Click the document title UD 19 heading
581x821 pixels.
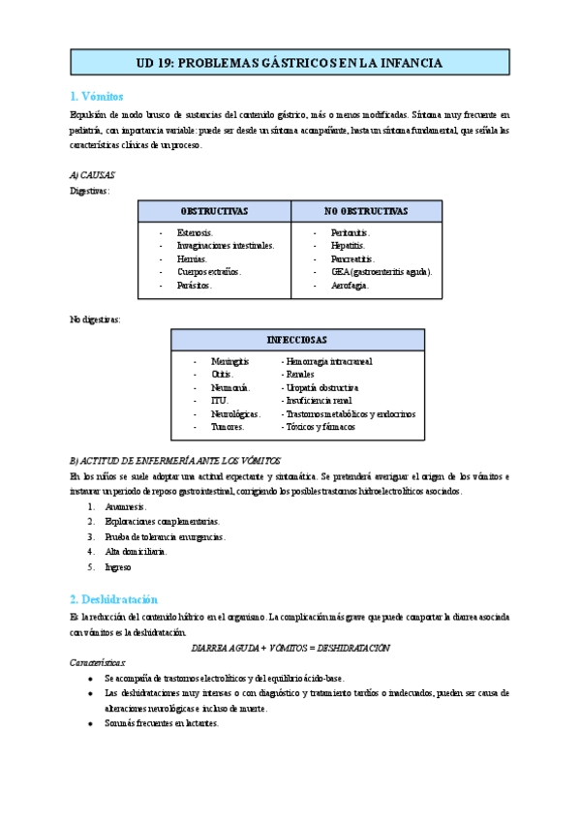pos(290,63)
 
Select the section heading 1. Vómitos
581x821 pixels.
pos(97,96)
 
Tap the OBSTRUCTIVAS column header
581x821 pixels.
pos(214,211)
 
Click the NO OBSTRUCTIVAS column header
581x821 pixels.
pos(366,211)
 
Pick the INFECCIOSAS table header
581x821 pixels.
pos(297,340)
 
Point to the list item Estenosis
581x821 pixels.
pos(195,233)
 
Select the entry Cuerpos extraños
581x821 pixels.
pos(209,272)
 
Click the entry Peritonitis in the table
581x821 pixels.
pos(351,233)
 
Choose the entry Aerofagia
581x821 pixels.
pos(350,286)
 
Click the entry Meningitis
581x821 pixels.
pos(229,361)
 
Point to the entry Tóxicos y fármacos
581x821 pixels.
pos(319,426)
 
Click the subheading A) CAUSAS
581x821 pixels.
pos(93,175)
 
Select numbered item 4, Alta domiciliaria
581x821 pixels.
pos(137,551)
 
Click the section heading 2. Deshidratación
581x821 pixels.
pos(113,599)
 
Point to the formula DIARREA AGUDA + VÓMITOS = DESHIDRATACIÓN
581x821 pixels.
pos(290,647)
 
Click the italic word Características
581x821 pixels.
pos(98,662)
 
